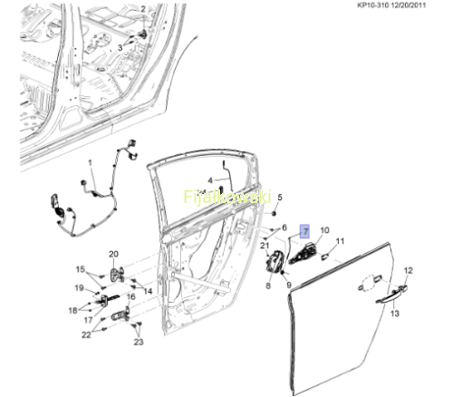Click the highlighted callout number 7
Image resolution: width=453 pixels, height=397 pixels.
point(304,231)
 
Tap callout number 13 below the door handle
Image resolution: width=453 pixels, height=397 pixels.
point(395,314)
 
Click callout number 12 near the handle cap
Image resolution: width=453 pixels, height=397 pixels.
point(408,270)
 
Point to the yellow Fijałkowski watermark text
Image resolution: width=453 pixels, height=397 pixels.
point(227,197)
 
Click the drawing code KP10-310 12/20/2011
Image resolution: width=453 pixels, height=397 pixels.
point(391,5)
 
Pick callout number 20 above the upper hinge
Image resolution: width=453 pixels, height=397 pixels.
point(113,254)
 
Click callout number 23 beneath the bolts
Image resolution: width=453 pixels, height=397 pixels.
point(139,342)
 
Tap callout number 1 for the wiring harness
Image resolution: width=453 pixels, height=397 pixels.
point(90,163)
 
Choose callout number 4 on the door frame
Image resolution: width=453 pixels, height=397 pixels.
point(210,180)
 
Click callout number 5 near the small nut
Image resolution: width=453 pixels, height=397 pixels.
point(280,198)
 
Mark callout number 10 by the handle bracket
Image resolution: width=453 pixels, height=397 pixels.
point(324,230)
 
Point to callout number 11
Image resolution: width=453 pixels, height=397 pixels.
point(340,241)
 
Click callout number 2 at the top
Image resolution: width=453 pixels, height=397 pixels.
point(143,9)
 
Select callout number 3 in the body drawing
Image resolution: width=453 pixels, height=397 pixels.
point(120,47)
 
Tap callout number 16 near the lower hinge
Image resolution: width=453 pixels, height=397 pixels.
point(130,297)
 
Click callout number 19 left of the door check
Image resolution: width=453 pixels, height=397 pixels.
point(79,288)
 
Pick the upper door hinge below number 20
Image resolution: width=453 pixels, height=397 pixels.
point(117,275)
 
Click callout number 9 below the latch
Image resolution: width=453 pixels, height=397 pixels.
point(289,285)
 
